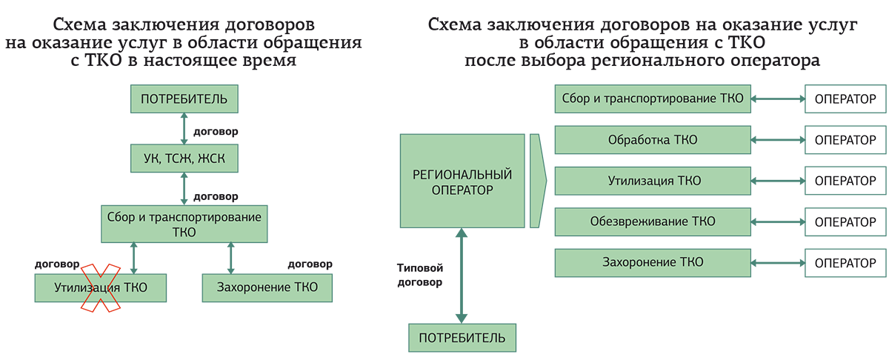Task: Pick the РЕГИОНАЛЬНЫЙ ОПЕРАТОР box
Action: click(x=462, y=181)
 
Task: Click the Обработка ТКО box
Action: click(x=652, y=139)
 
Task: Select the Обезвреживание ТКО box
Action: click(x=652, y=221)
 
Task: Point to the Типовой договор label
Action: click(x=420, y=276)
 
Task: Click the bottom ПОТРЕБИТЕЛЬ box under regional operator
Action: click(x=462, y=338)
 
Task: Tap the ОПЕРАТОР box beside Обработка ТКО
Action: click(x=845, y=139)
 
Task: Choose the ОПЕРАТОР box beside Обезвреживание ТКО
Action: click(x=845, y=221)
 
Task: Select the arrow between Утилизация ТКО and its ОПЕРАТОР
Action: click(x=778, y=181)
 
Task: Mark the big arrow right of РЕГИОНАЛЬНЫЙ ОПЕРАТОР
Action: click(x=538, y=181)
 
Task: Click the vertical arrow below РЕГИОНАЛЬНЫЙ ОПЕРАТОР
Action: click(x=462, y=276)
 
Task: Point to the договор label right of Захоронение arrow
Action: click(x=310, y=264)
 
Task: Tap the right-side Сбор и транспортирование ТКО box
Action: click(x=652, y=98)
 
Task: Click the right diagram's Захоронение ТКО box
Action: click(x=652, y=262)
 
